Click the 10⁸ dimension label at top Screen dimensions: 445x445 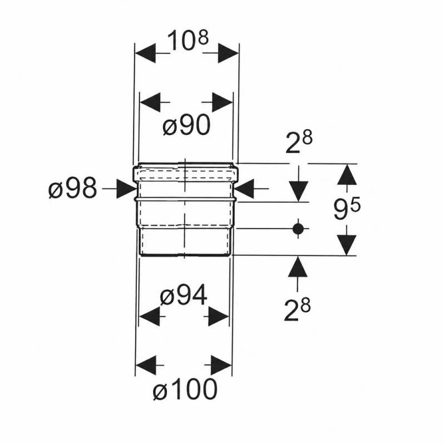[x=187, y=41]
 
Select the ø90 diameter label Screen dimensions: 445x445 [x=187, y=126]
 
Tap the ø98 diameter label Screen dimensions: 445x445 [x=73, y=189]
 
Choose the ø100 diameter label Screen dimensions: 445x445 [x=185, y=389]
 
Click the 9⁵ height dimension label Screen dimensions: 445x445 [x=347, y=208]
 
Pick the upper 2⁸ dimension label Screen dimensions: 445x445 [x=299, y=141]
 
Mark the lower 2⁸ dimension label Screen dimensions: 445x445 [x=298, y=310]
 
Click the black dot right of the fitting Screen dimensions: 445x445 [x=298, y=228]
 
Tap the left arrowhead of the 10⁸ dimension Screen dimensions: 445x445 [x=145, y=53]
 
